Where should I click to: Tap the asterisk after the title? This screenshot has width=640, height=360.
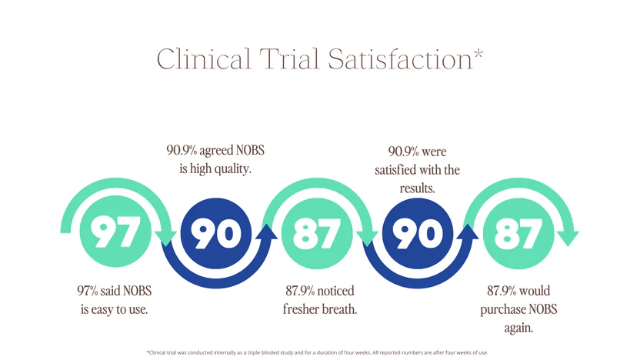click(478, 54)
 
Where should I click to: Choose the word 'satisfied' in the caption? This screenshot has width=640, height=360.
click(397, 169)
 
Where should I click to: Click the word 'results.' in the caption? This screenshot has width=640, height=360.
click(417, 188)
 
